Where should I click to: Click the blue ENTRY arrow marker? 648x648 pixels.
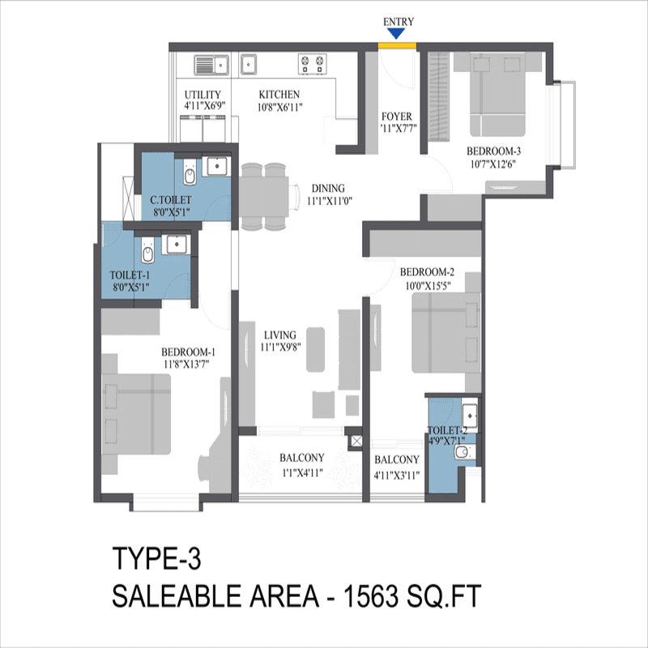396,33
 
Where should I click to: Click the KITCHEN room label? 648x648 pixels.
279,96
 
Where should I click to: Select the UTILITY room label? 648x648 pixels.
202,96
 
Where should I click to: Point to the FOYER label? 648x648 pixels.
397,116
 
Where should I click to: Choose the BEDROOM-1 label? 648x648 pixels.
188,352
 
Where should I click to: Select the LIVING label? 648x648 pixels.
279,334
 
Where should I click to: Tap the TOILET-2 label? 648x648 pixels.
447,431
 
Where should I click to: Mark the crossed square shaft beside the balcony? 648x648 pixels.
355,441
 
